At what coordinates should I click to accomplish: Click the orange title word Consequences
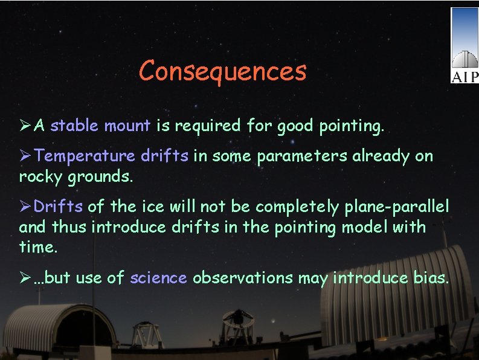(222, 71)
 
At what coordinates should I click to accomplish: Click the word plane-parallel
(397, 207)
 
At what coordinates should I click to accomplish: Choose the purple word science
(158, 278)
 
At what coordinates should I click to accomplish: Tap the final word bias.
(429, 278)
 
